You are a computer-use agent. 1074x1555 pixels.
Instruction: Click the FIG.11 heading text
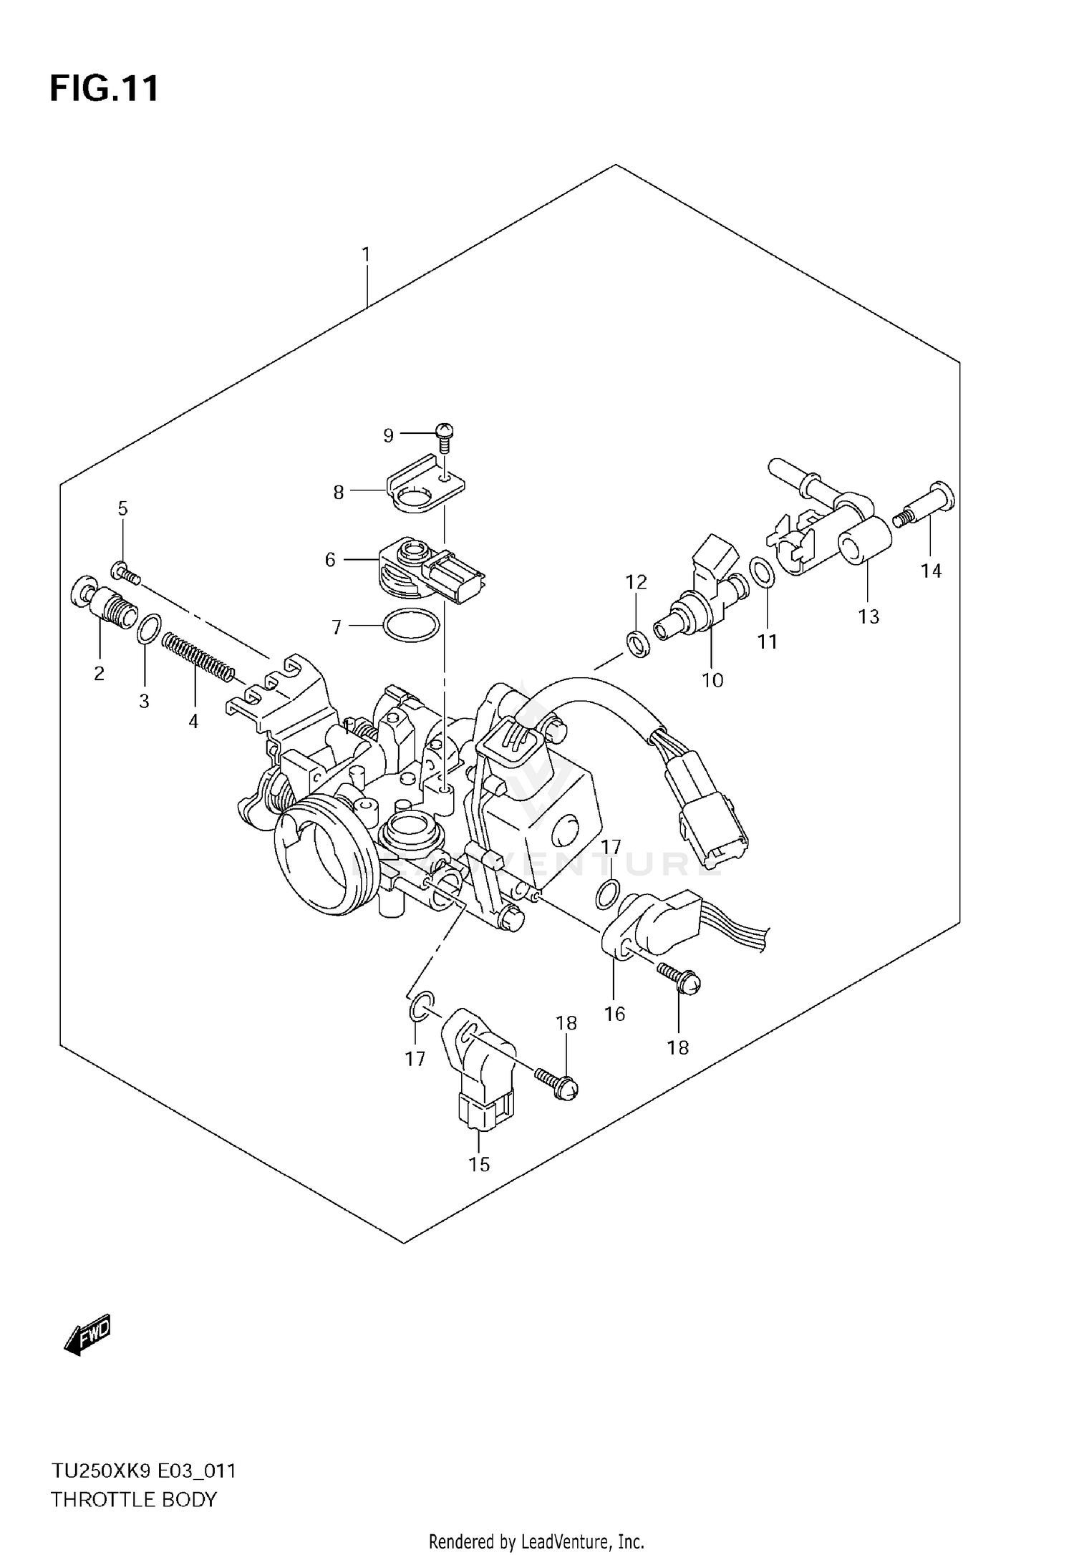(105, 89)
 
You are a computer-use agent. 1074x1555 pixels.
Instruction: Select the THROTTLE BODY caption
(133, 1499)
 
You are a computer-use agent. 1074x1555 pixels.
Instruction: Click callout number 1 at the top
(366, 254)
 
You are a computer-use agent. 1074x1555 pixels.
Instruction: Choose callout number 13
(869, 616)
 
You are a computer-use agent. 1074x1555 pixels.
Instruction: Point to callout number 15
(479, 1165)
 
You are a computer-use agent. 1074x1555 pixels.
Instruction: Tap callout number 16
(614, 1014)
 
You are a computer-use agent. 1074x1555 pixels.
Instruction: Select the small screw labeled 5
(125, 573)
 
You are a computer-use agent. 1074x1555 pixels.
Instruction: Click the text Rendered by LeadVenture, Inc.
(536, 1541)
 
